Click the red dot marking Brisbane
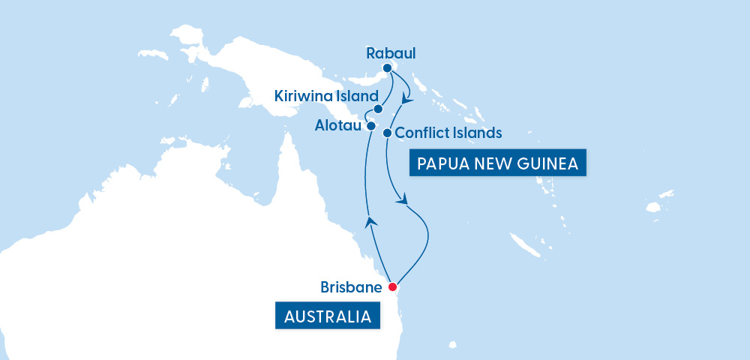392,286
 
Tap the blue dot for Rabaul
387,68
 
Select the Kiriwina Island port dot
378,109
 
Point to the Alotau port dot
371,127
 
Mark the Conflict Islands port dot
387,133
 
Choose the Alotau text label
338,127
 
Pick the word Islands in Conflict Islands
475,133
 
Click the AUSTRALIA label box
327,316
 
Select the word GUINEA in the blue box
550,163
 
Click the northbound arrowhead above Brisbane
370,220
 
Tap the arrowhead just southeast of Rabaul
406,99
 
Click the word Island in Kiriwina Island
352,96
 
